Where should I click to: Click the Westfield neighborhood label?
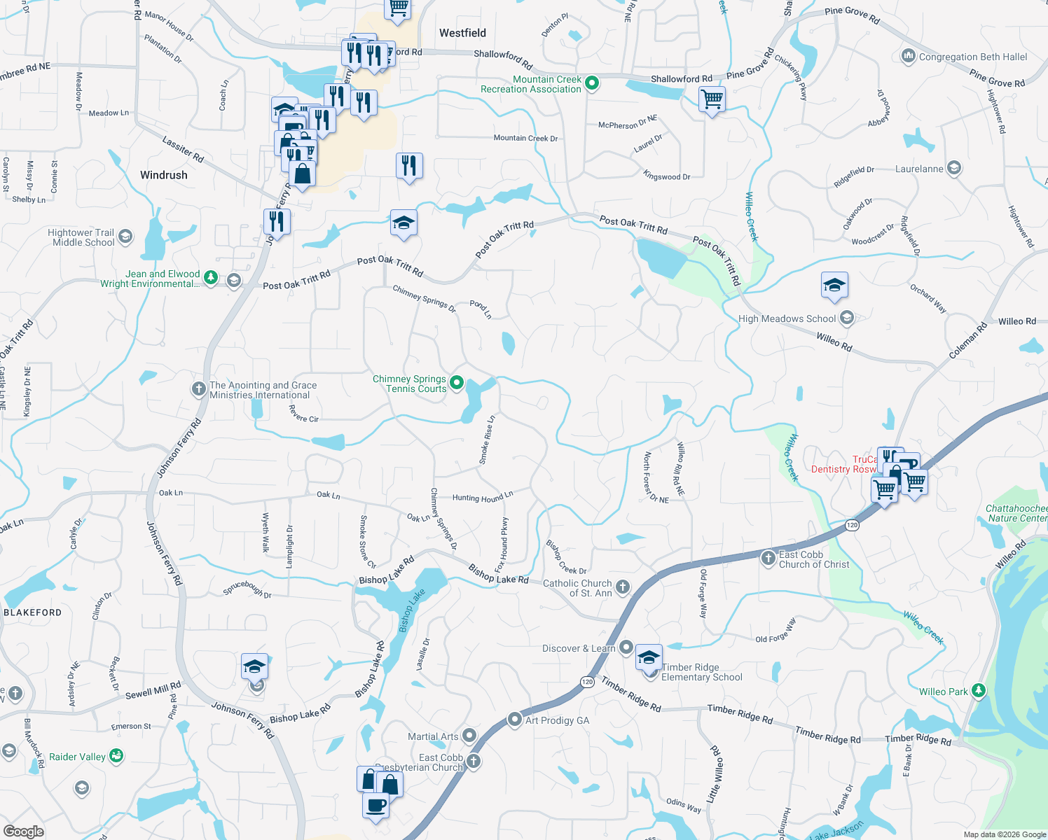coord(462,33)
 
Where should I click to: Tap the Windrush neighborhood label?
coord(163,175)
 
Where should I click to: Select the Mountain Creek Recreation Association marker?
coord(592,84)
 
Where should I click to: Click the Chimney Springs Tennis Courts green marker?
coord(457,382)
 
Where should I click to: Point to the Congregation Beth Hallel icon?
coord(909,56)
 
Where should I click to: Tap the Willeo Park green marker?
coord(979,691)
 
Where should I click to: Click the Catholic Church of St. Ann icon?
coord(622,587)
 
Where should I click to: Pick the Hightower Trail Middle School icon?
coord(125,237)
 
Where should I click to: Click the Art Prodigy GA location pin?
coord(515,720)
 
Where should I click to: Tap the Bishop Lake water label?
coord(411,610)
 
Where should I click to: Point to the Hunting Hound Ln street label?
coord(482,497)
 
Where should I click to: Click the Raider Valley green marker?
coord(116,756)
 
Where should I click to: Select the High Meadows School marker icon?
coord(847,318)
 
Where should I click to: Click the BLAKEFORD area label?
coord(32,612)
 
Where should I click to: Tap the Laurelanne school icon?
coord(953,168)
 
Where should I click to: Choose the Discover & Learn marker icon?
coord(626,647)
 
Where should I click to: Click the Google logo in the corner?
coord(23,832)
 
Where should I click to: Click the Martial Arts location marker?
coord(469,736)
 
